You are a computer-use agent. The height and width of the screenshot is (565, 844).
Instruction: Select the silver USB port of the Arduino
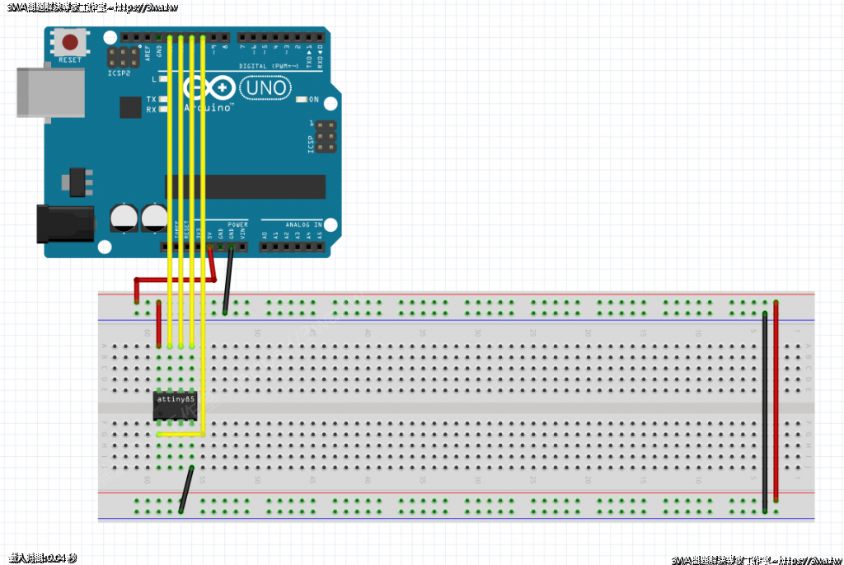point(50,90)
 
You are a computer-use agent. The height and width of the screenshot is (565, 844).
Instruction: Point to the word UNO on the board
point(265,87)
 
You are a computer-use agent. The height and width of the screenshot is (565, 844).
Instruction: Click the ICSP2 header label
point(120,73)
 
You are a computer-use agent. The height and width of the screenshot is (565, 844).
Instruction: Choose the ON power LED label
point(313,100)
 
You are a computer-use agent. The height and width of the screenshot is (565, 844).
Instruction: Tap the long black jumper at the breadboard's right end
point(765,412)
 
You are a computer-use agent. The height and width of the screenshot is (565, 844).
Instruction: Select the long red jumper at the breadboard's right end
point(776,404)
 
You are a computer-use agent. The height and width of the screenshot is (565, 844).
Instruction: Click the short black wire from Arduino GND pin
point(228,280)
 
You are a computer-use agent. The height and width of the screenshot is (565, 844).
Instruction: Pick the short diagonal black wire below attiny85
point(186,490)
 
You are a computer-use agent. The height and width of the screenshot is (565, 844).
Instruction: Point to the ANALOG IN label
point(304,224)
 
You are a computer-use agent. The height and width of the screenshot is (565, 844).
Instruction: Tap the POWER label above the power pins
point(237,224)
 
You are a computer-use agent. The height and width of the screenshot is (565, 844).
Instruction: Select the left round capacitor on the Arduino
point(124,219)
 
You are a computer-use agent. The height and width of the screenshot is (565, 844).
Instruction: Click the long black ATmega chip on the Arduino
point(247,187)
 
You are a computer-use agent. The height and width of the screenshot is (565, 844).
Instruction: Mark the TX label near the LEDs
point(151,99)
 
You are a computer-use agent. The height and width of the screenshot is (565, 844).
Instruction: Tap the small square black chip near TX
point(130,107)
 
